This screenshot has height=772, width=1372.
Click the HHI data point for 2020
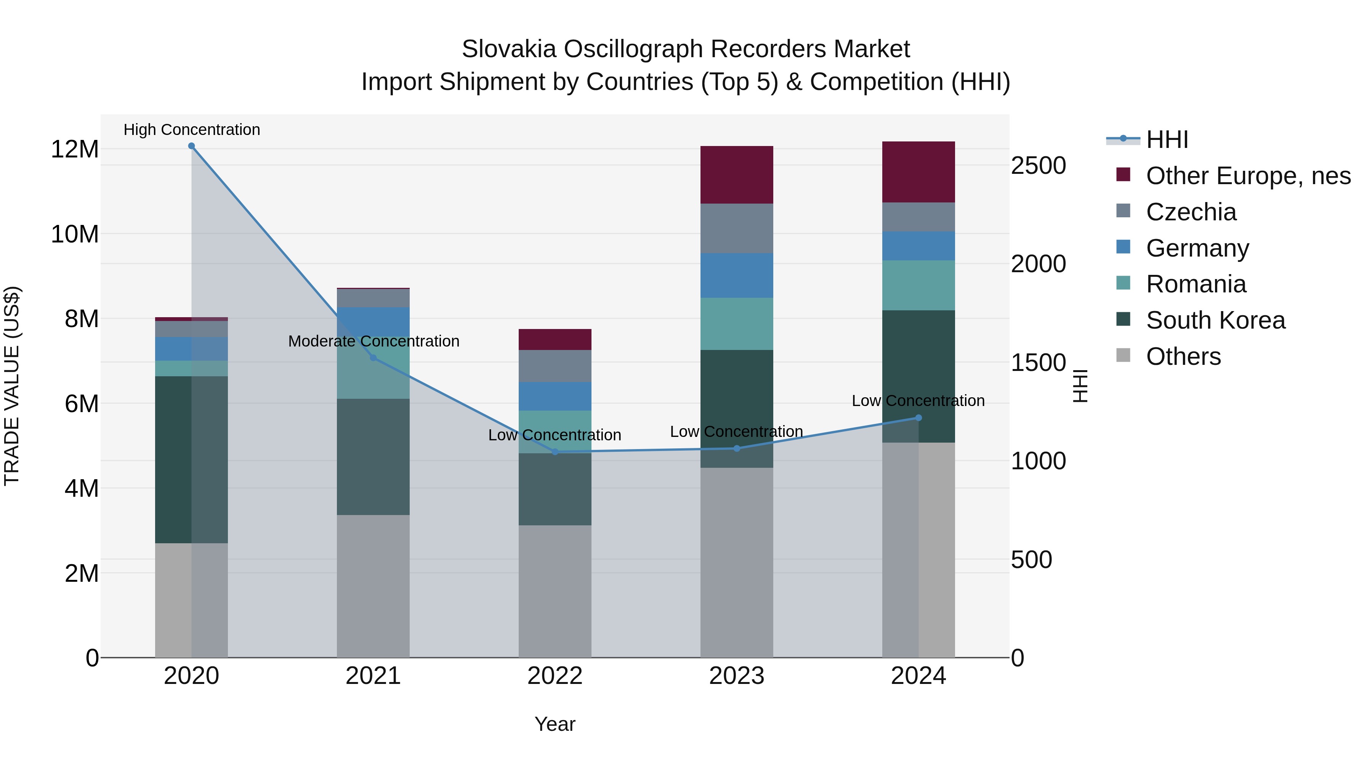(x=191, y=146)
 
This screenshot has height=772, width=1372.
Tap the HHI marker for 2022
(x=555, y=452)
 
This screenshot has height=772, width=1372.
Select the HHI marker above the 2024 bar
(x=918, y=418)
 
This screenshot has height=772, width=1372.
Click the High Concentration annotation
(x=192, y=130)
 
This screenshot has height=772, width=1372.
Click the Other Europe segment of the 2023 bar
(x=737, y=175)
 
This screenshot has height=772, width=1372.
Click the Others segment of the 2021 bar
(x=373, y=586)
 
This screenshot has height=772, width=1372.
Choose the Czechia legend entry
(x=1191, y=212)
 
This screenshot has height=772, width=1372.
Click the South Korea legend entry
(x=1215, y=320)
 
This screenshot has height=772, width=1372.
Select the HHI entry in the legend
(x=1167, y=140)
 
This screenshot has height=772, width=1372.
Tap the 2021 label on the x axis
(x=373, y=676)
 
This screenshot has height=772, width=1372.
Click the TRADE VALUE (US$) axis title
(x=12, y=386)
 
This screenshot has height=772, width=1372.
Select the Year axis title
(x=555, y=724)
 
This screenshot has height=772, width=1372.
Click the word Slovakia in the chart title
(x=509, y=49)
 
